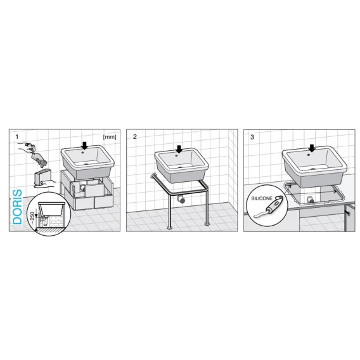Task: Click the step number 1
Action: pyautogui.click(x=16, y=137)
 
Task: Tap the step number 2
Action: pyautogui.click(x=135, y=137)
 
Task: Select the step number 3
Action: pyautogui.click(x=252, y=138)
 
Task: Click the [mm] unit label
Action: pyautogui.click(x=110, y=137)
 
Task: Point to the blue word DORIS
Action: pyautogui.click(x=18, y=207)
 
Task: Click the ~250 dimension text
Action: pyautogui.click(x=32, y=217)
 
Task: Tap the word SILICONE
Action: pyautogui.click(x=262, y=198)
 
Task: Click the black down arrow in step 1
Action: pyautogui.click(x=85, y=146)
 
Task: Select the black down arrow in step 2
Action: pyautogui.click(x=179, y=149)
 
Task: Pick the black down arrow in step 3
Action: pyautogui.click(x=312, y=148)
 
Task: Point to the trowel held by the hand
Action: pyautogui.click(x=39, y=158)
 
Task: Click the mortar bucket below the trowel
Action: pyautogui.click(x=42, y=177)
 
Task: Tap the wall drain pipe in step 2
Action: pyautogui.click(x=181, y=199)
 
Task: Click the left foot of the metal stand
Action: pyautogui.click(x=170, y=228)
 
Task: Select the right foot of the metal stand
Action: pyautogui.click(x=207, y=224)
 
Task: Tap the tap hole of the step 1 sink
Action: pyautogui.click(x=83, y=151)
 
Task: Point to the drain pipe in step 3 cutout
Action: pyautogui.click(x=310, y=200)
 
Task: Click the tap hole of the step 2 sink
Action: pyautogui.click(x=177, y=155)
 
